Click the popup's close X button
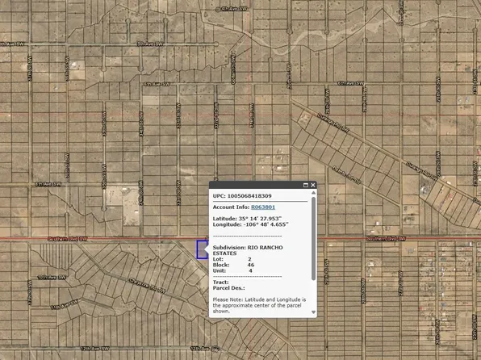(313, 185)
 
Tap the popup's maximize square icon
(305, 185)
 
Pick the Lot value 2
(249, 259)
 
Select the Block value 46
(251, 265)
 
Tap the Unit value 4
(249, 271)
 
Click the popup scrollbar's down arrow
(313, 319)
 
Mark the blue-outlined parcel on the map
(202, 249)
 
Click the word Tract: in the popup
(220, 282)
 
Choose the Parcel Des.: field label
(228, 288)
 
